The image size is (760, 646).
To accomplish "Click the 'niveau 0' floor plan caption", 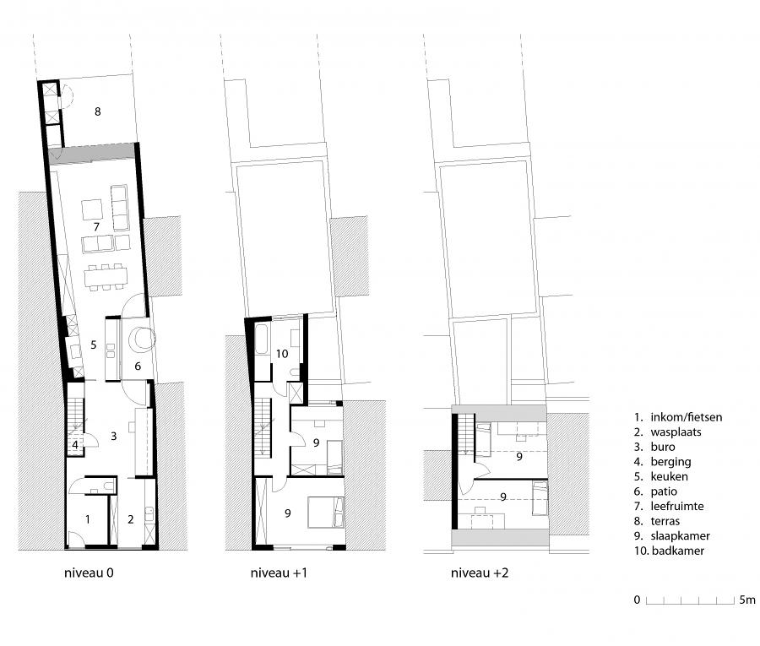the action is (89, 573).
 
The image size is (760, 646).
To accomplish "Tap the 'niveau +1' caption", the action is (279, 573).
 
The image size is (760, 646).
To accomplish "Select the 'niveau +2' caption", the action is (480, 573).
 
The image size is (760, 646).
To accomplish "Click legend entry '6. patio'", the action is (655, 491).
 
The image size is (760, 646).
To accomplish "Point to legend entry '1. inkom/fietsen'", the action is (677, 417).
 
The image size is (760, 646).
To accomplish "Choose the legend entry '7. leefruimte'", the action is (669, 507).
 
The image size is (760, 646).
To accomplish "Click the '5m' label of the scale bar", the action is (747, 600).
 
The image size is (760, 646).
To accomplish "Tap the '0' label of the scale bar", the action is (637, 600).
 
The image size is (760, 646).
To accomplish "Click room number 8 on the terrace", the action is (97, 111).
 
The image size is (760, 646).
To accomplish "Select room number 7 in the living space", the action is (96, 227).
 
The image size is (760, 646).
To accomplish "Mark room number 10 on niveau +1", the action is (282, 354).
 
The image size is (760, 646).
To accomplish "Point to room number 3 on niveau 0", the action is (113, 437).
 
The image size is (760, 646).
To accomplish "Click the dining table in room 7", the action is (106, 277).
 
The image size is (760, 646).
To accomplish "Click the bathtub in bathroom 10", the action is (263, 339).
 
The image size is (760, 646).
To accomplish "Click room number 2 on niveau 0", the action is (130, 519).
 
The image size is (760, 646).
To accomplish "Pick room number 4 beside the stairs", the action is (75, 445).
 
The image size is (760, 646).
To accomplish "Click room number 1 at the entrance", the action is (87, 519).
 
